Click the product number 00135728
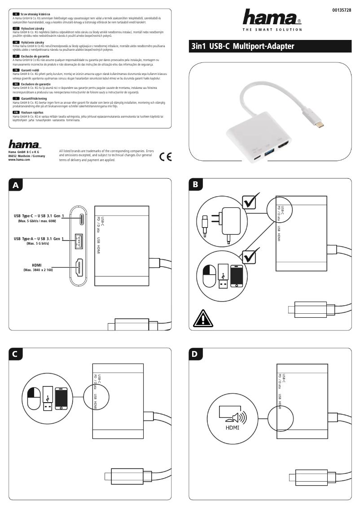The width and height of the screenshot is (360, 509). pyautogui.click(x=342, y=10)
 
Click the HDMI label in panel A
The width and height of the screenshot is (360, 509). pyautogui.click(x=38, y=265)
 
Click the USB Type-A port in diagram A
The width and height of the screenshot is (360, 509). pyautogui.click(x=79, y=242)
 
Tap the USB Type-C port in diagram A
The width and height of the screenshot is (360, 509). pyautogui.click(x=81, y=219)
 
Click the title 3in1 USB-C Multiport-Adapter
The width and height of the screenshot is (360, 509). pyautogui.click(x=243, y=46)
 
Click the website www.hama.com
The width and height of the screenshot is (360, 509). pyautogui.click(x=19, y=160)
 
